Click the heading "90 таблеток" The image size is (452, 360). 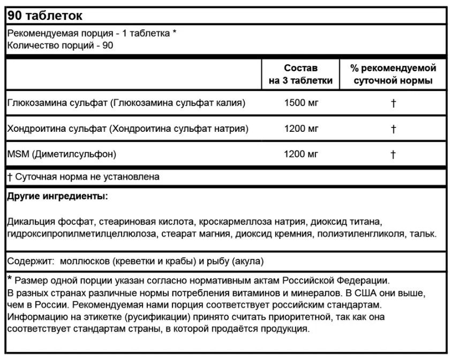41,14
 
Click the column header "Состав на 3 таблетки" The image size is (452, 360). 300,74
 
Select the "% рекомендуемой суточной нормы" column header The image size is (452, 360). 393,74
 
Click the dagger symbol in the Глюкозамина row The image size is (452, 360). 393,103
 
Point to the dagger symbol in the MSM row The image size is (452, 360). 393,155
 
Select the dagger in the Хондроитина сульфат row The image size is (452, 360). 393,129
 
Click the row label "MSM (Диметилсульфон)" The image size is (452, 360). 62,154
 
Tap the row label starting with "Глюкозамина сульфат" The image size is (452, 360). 126,103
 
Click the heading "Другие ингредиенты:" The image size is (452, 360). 57,197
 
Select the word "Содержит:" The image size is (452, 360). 31,261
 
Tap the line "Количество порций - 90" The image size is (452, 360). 60,44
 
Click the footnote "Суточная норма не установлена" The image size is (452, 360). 87,176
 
